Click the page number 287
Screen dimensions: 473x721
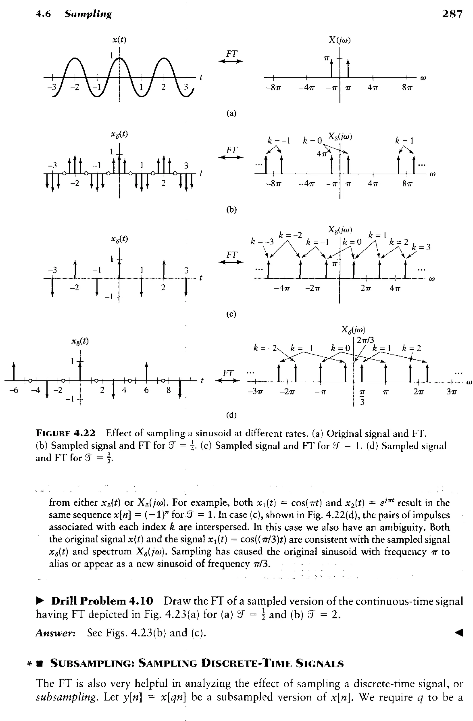point(452,14)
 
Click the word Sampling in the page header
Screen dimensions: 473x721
point(88,14)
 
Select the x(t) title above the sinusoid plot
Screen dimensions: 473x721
point(119,40)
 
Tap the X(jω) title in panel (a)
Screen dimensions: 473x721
point(340,40)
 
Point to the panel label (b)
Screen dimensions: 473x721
point(231,210)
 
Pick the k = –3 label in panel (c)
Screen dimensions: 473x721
point(262,241)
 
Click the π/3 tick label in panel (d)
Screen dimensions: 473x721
point(362,397)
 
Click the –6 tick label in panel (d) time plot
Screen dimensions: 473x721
point(13,390)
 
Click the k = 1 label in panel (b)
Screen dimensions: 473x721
point(404,140)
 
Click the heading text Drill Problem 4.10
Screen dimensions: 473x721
point(102,600)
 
